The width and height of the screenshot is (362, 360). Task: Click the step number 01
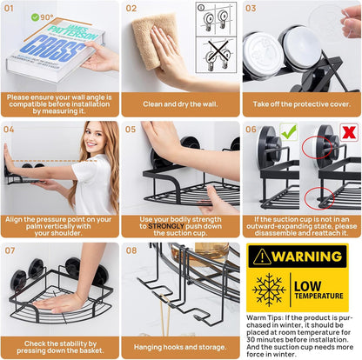coord(9,8)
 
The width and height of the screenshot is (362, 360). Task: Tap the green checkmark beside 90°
coord(35,17)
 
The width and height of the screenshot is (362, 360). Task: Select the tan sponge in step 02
coord(155,40)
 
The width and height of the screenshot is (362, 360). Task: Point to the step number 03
coord(251,8)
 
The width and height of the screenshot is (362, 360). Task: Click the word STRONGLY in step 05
coord(166,226)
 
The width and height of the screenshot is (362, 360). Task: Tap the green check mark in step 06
coord(289,131)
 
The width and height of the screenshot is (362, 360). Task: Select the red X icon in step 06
coord(349,133)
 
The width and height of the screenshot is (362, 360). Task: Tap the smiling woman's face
coord(95,138)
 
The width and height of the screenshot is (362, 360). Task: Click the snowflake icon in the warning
coord(269,290)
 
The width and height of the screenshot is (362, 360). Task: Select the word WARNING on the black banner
coord(307,257)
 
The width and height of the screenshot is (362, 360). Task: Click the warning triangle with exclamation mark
coord(262,257)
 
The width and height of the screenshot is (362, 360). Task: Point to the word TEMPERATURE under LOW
coord(318,296)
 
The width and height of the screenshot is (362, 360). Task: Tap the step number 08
coord(131,250)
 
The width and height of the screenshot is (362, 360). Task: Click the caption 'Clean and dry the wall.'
coord(180,104)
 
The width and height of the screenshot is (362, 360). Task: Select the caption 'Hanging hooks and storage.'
coord(180,347)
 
